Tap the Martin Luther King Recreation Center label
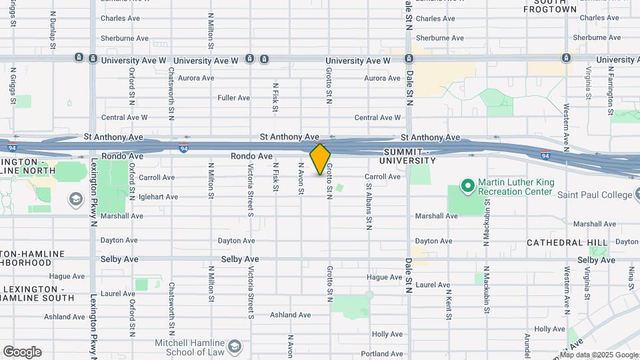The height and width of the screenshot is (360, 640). [515, 187]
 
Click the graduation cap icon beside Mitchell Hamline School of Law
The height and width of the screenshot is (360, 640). [234, 347]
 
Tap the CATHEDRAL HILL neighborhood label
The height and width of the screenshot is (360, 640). [567, 243]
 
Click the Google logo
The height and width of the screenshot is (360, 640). [22, 351]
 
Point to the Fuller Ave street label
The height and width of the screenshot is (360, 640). [233, 98]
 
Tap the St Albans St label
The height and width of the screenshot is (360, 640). [368, 207]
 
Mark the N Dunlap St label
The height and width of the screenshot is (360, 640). [53, 30]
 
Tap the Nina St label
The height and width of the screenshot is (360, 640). [629, 280]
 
